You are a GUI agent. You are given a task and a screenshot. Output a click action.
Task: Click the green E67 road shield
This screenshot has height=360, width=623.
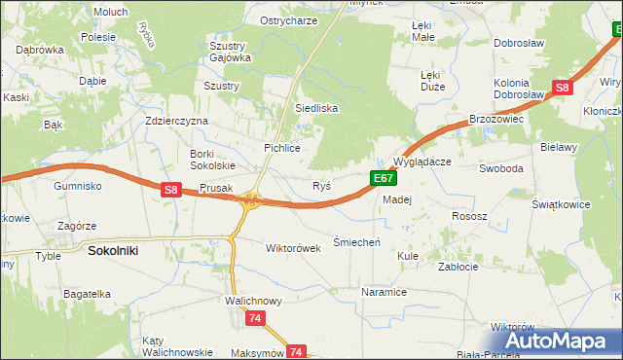click(384, 178)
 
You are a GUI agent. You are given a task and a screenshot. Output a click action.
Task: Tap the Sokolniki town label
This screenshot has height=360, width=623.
click(113, 250)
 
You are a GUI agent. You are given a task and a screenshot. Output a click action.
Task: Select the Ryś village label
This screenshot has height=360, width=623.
click(321, 185)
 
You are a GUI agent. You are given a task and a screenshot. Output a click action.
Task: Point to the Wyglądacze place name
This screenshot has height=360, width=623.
click(421, 162)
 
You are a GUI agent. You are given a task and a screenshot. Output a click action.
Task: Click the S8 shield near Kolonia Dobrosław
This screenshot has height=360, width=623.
click(562, 89)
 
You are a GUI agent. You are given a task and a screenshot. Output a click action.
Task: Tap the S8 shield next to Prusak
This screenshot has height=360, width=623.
click(170, 191)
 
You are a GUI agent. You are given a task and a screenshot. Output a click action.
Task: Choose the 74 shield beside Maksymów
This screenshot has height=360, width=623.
click(297, 351)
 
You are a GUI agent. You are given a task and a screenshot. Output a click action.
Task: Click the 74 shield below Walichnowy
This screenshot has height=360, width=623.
click(255, 318)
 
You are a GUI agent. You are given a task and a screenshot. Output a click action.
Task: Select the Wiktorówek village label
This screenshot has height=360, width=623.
click(293, 247)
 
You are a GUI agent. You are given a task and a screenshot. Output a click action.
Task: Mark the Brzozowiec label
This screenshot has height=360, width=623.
click(496, 118)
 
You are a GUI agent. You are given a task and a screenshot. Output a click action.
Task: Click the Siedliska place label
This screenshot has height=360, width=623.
click(316, 108)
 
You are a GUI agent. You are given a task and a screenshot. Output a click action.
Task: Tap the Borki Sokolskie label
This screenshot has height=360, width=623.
click(212, 160)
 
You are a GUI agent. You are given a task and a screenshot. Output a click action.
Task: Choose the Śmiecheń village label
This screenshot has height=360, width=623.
click(356, 241)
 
